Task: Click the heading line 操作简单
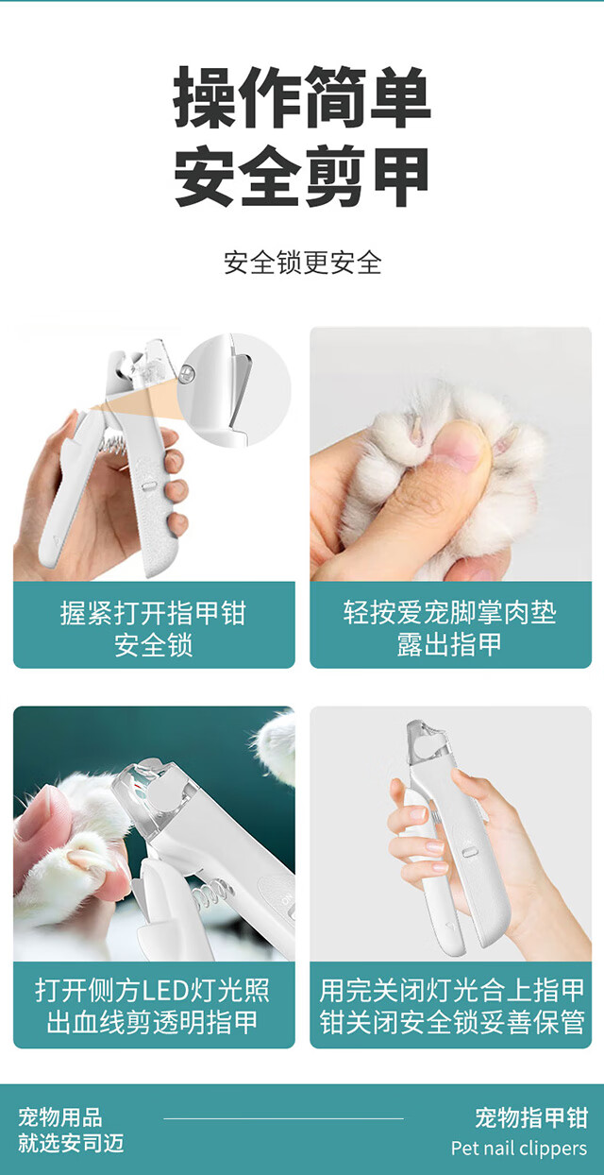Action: (x=302, y=97)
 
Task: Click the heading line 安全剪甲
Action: (x=302, y=177)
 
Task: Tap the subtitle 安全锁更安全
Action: (x=303, y=263)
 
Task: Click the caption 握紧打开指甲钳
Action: (x=153, y=613)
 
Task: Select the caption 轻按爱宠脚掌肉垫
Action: (x=450, y=612)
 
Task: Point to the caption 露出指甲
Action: (x=450, y=645)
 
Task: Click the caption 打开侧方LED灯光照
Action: (x=153, y=991)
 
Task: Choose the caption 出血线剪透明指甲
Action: (x=153, y=1022)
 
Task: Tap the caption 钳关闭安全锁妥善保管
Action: (x=452, y=1022)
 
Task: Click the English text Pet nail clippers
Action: (x=519, y=1149)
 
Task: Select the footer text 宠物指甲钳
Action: (x=531, y=1117)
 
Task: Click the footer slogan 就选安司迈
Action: (x=71, y=1143)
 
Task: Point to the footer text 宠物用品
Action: (x=60, y=1117)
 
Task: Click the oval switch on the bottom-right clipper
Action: (x=469, y=849)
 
